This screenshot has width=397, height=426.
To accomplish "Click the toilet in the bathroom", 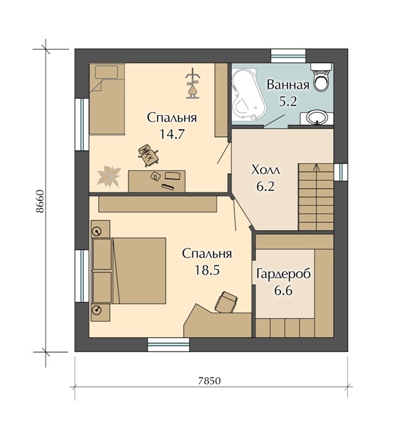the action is (x=322, y=77).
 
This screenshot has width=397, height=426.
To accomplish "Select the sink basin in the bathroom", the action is (x=317, y=117).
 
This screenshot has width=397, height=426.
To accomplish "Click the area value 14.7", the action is (x=172, y=134).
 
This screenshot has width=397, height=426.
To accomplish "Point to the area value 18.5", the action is (x=207, y=270).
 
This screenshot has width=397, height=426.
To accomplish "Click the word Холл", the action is (x=266, y=170).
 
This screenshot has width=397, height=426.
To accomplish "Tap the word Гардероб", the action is (x=283, y=274).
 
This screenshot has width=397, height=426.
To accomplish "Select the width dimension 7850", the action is (x=210, y=381).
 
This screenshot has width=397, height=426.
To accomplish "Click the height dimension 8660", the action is (x=40, y=201).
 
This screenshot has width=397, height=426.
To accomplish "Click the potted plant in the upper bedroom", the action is (x=109, y=176).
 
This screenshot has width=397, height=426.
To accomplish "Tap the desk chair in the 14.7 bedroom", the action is (x=148, y=155).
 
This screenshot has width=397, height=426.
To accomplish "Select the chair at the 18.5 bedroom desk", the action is (x=226, y=302).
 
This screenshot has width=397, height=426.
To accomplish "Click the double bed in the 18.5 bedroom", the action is (x=129, y=271).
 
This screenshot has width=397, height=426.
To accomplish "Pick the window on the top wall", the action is (x=288, y=56).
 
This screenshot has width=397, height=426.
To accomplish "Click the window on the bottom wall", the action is (x=168, y=344).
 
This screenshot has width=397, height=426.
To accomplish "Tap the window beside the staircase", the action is (x=341, y=173).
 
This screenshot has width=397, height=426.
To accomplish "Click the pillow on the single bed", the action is (x=107, y=72).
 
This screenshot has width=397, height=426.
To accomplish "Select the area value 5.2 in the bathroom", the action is (x=288, y=102).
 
